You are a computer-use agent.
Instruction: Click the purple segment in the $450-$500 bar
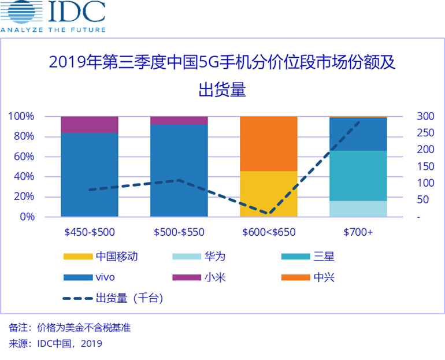point(89,124)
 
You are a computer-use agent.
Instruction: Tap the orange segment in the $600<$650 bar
point(268,143)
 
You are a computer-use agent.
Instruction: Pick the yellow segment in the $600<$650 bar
point(268,194)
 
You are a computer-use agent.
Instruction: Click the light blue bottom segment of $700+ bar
point(358,209)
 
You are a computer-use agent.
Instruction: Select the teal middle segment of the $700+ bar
point(358,176)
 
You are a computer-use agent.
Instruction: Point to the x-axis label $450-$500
point(90,232)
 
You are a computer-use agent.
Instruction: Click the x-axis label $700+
point(358,232)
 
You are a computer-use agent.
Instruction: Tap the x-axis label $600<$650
point(269,232)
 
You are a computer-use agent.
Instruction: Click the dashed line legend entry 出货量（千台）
point(113,299)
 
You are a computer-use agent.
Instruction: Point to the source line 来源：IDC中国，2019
point(55,344)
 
